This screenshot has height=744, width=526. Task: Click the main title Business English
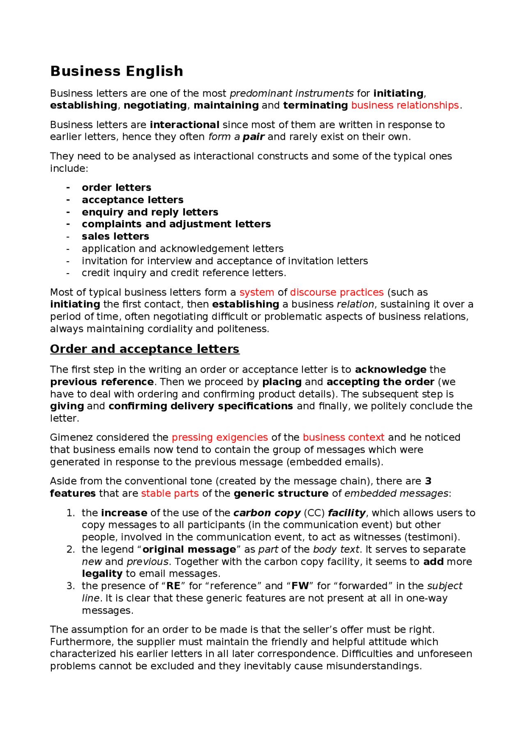[117, 71]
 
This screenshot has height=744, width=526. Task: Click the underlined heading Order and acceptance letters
[145, 349]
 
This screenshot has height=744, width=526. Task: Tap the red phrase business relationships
[405, 105]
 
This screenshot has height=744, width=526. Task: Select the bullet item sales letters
[115, 236]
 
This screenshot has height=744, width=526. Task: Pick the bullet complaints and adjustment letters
[176, 224]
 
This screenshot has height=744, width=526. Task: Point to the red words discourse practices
[337, 292]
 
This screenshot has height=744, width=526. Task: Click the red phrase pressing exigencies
[219, 437]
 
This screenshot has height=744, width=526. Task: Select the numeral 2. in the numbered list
[71, 549]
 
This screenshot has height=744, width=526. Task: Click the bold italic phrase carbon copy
[267, 513]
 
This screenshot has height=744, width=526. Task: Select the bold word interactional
[185, 124]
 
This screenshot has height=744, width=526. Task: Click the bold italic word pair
[253, 136]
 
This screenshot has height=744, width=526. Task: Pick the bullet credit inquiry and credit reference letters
[184, 273]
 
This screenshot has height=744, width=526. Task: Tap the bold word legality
[102, 574]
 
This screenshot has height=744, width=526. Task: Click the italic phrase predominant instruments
[291, 93]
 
